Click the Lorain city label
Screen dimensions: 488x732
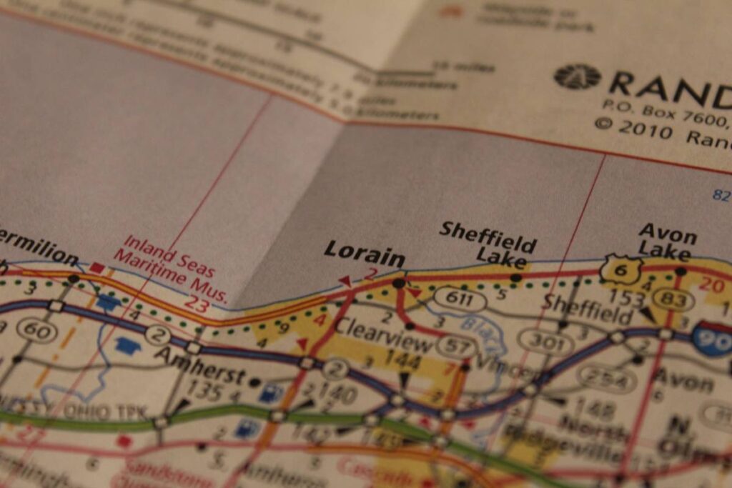[364, 253]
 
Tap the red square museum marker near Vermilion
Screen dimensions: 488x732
[97, 268]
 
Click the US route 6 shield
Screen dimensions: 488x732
[620, 269]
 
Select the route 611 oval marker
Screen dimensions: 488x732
[459, 299]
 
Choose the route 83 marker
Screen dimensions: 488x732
[673, 299]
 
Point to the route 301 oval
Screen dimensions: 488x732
[545, 344]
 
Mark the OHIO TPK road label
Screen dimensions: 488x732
[86, 413]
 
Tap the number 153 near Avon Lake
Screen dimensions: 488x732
[627, 298]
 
